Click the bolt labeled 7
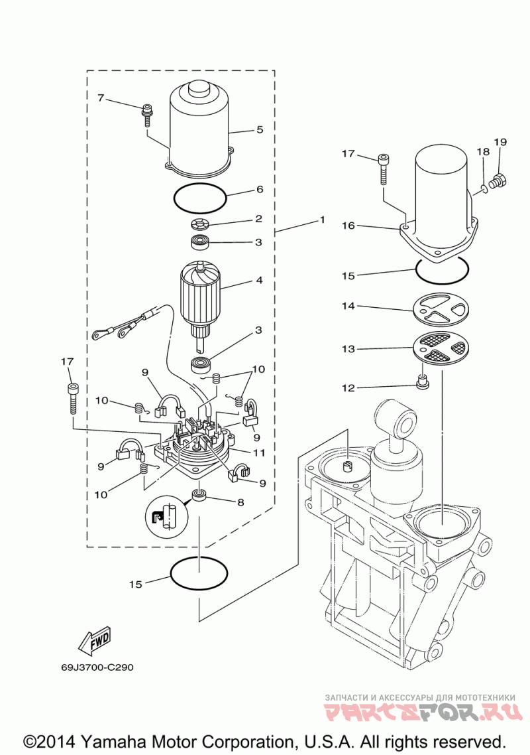point(145,115)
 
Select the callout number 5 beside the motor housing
point(260,129)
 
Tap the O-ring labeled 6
point(199,198)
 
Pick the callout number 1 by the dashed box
point(322,220)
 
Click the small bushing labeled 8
point(199,494)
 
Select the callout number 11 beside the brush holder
point(260,452)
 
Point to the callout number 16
point(348,226)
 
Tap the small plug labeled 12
point(423,383)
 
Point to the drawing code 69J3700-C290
point(97,668)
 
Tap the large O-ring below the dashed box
point(199,573)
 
